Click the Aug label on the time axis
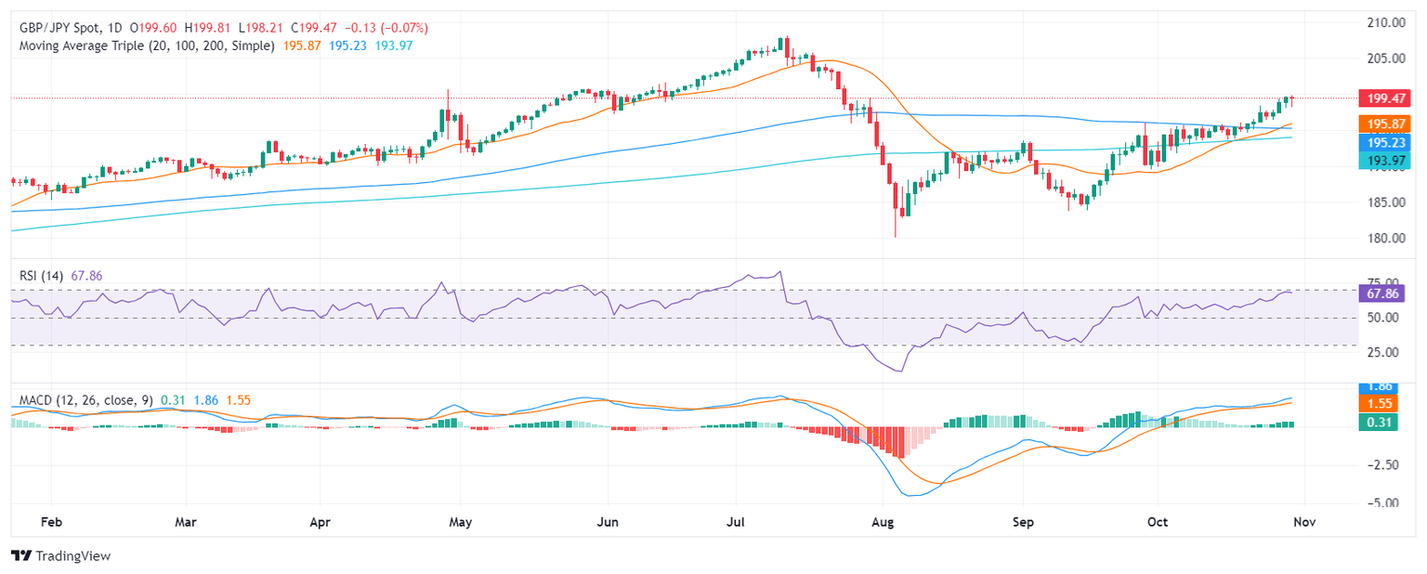point(884,522)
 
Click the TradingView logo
point(60,555)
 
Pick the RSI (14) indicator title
point(41,275)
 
